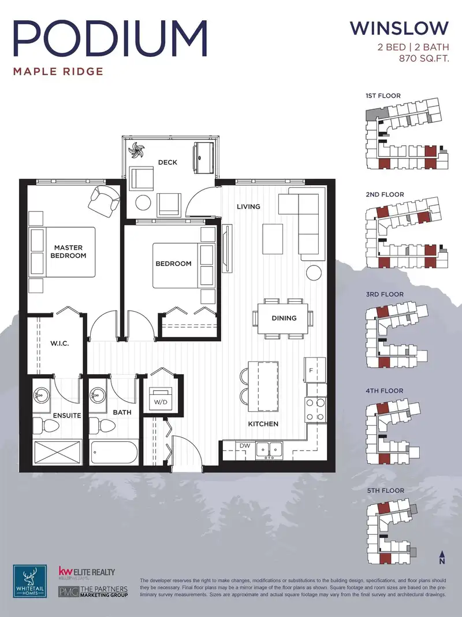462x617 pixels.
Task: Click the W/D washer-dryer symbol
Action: point(161,398)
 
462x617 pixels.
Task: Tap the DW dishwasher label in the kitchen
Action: point(245,446)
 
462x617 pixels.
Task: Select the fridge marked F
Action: point(315,370)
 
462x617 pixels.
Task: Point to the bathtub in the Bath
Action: point(114,453)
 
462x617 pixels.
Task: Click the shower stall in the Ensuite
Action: point(57,453)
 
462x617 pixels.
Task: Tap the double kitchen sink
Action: point(269,450)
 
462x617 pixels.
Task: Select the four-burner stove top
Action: point(316,409)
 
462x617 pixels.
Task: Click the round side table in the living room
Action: point(315,272)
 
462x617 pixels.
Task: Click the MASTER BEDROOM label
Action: point(68,252)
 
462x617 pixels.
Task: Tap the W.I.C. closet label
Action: point(59,343)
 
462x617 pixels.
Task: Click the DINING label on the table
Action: point(284,318)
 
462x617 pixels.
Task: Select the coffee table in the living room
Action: point(273,239)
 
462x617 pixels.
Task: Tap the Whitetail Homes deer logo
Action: point(30,581)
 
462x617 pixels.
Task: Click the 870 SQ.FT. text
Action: point(424,59)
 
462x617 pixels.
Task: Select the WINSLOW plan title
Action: point(399,28)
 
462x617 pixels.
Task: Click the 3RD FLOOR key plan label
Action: point(385,294)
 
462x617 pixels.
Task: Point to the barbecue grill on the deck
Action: point(203,157)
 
